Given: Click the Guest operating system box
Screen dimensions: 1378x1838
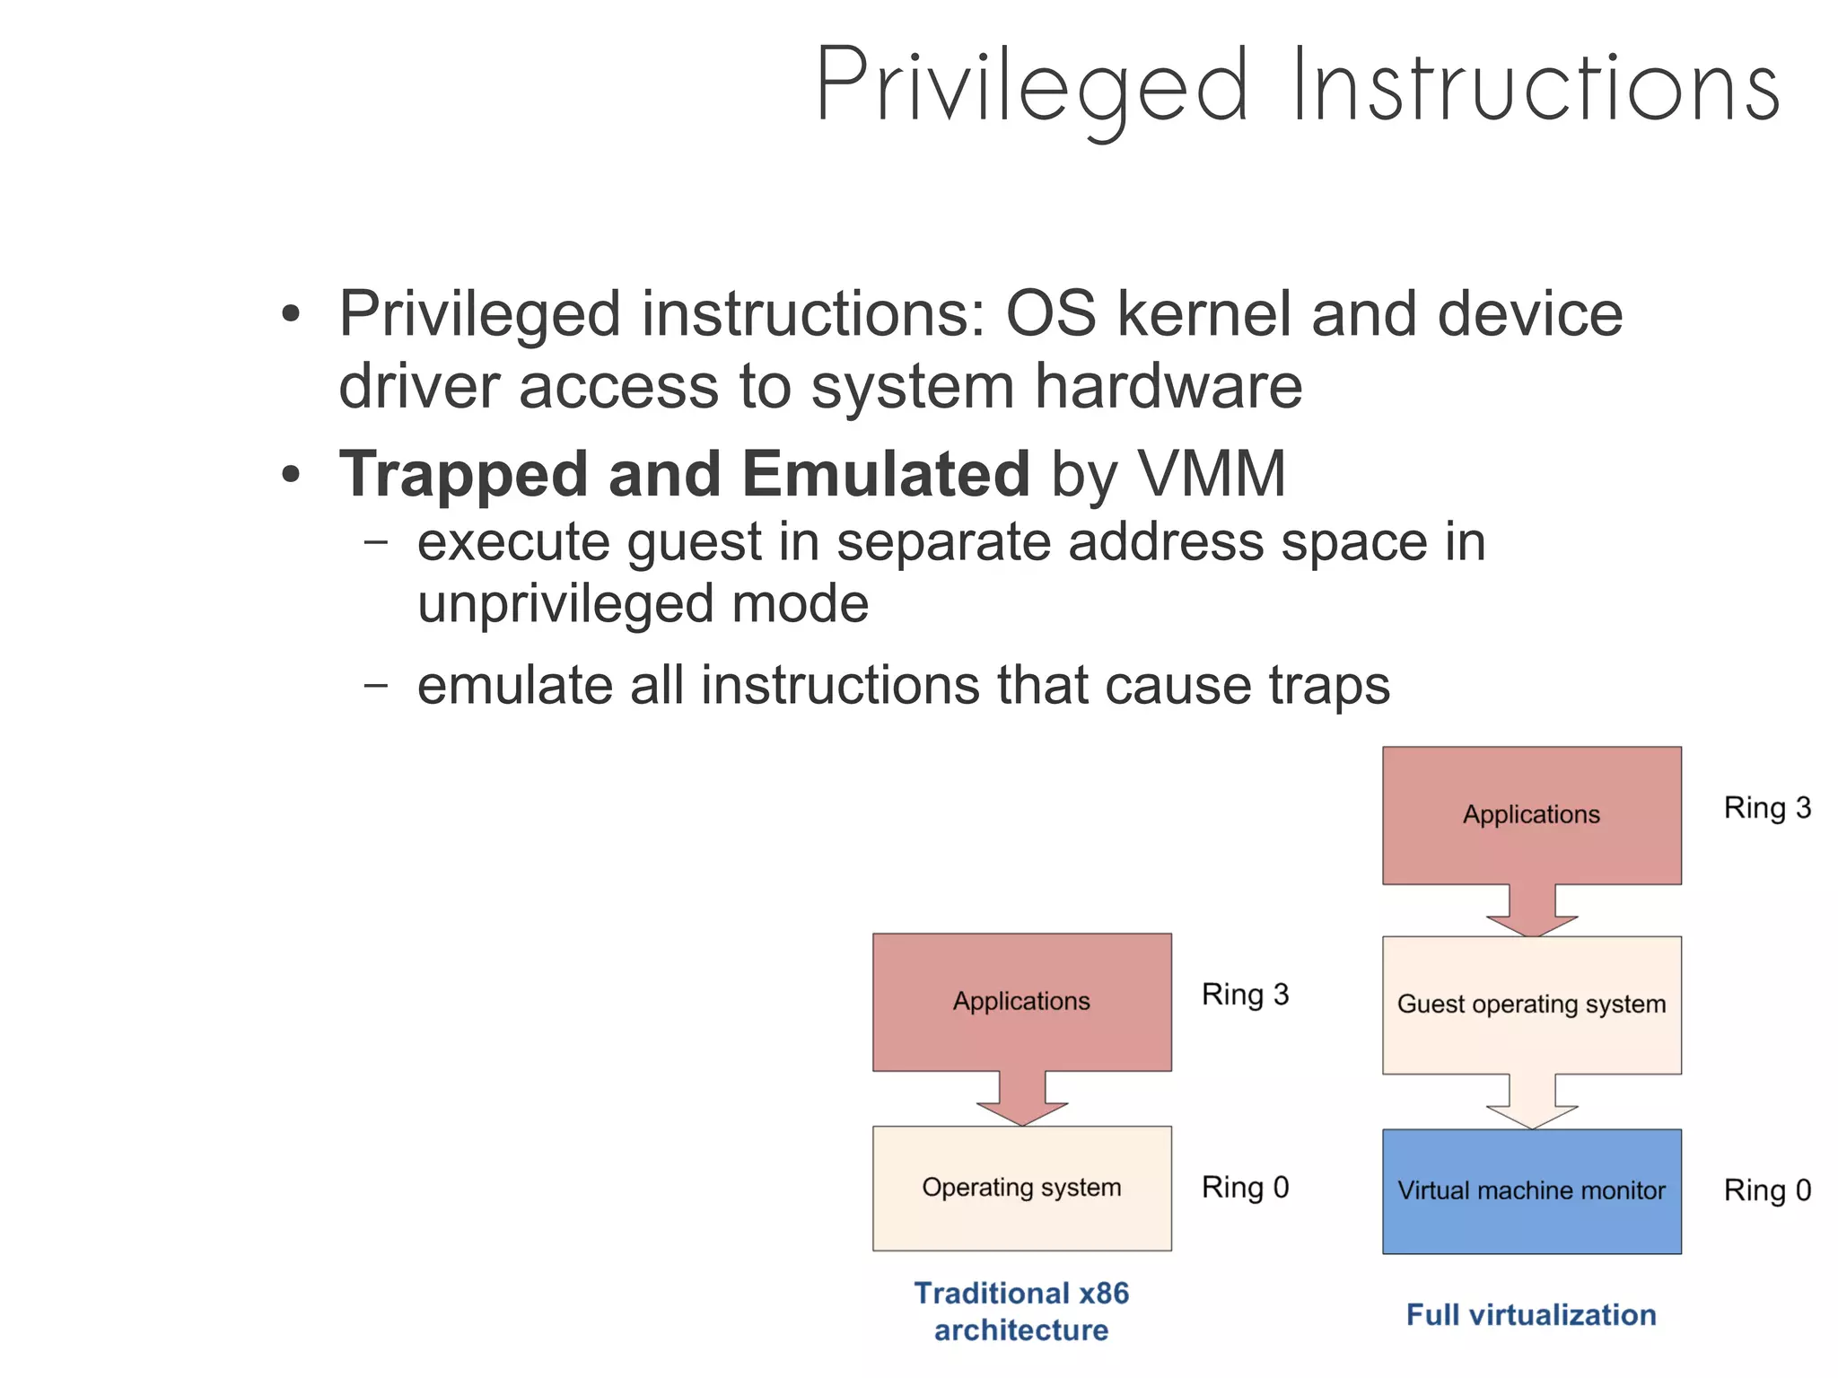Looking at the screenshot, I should pyautogui.click(x=1531, y=1005).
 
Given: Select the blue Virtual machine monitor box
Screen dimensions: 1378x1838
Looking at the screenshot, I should pyautogui.click(x=1531, y=1191).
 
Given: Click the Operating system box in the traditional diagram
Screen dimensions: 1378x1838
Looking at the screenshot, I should pyautogui.click(x=1021, y=1188).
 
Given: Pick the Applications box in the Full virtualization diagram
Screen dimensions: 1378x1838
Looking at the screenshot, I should pyautogui.click(x=1531, y=814).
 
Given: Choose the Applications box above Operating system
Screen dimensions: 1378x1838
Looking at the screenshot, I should pyautogui.click(x=1021, y=1001).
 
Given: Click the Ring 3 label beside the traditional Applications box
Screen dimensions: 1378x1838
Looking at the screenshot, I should pyautogui.click(x=1245, y=995).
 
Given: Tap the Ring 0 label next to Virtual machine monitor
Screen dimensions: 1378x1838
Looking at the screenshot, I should pyautogui.click(x=1767, y=1190).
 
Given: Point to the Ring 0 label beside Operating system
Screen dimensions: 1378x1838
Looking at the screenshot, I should pyautogui.click(x=1245, y=1187).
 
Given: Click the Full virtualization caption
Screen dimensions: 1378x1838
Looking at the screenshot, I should pyautogui.click(x=1531, y=1315).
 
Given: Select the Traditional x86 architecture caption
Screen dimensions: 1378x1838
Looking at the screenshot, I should pyautogui.click(x=1021, y=1312).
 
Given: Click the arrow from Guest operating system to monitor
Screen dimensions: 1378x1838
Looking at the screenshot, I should pyautogui.click(x=1532, y=1102).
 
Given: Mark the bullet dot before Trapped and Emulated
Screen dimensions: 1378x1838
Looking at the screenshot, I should pyautogui.click(x=290, y=475).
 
